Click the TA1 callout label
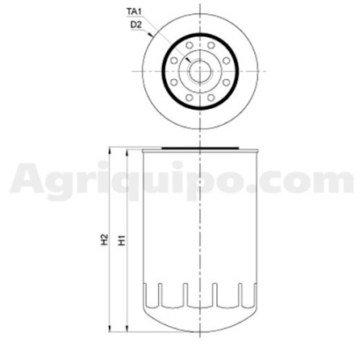point(134,11)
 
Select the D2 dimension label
point(136,25)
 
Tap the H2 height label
point(104,240)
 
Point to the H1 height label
point(122,240)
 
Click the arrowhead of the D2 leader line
point(151,35)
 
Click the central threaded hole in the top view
point(200,71)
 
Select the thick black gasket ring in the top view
point(162,71)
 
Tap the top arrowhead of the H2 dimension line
point(110,151)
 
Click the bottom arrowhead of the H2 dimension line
point(110,328)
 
